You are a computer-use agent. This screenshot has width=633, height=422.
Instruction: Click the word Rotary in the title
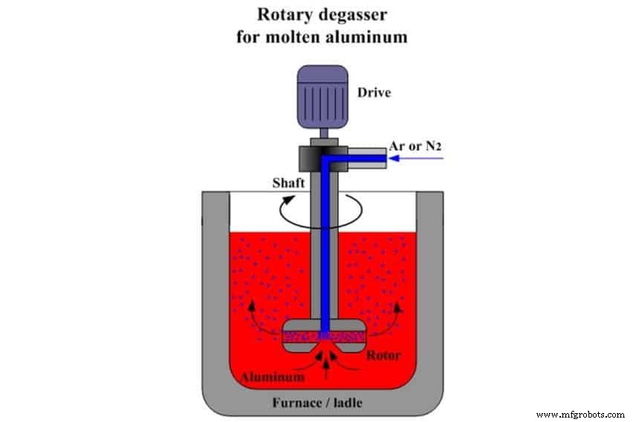[x=280, y=14]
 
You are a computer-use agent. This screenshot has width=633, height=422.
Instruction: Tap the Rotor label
[x=384, y=355]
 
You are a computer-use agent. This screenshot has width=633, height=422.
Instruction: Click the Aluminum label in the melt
[x=272, y=377]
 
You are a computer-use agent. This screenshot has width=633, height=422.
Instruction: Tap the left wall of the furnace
[x=215, y=297]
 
